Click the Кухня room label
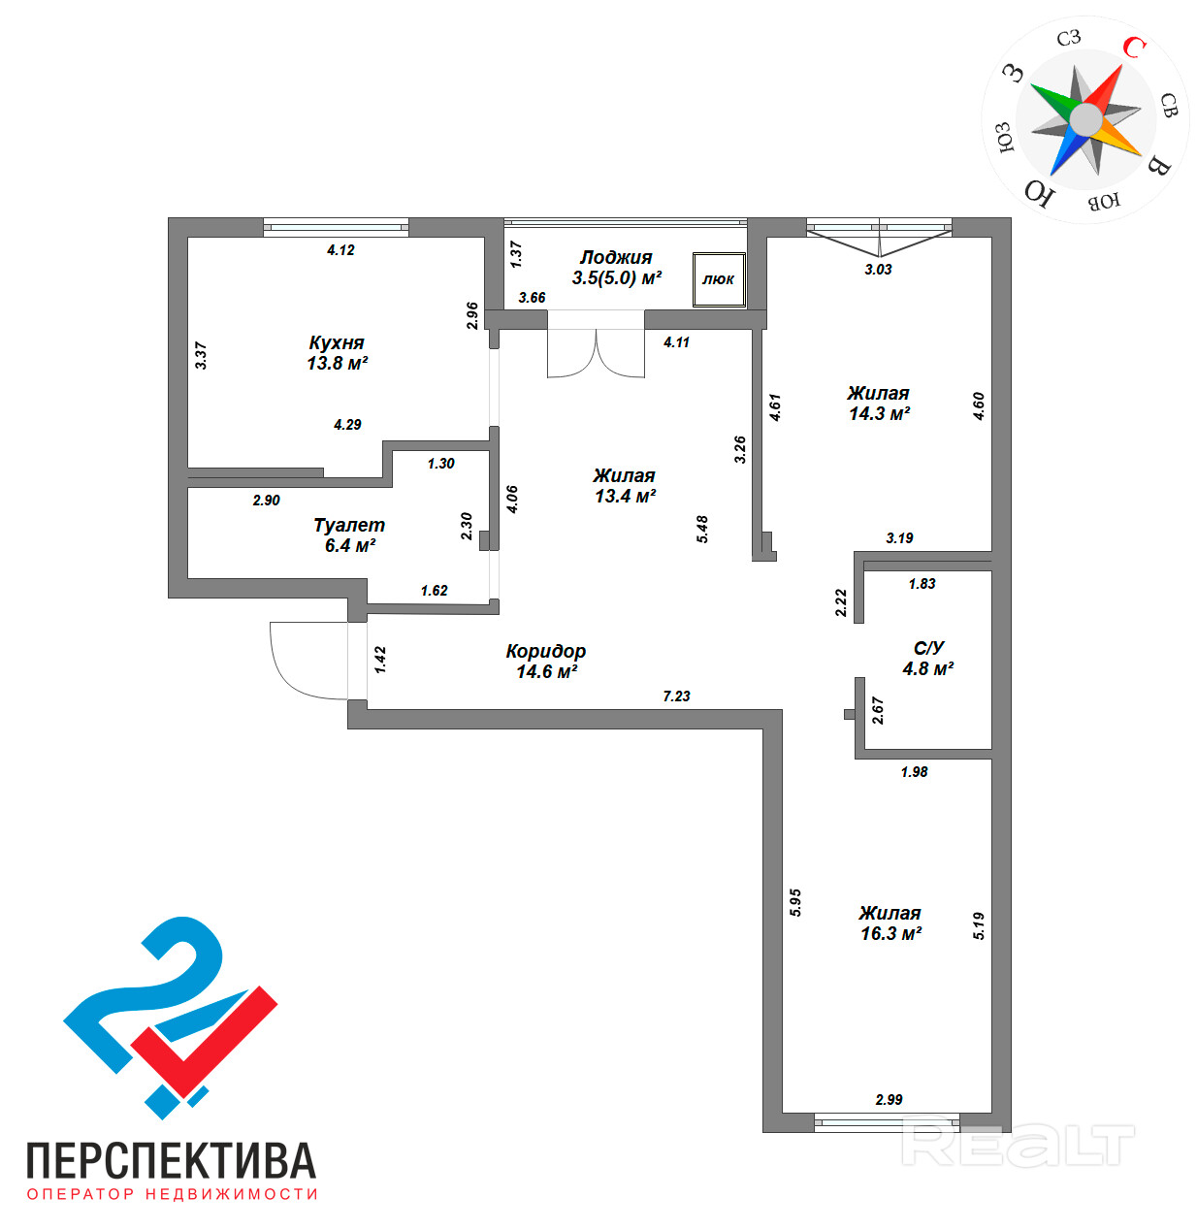(337, 343)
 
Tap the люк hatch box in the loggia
(719, 279)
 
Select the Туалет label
(349, 525)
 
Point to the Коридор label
(546, 651)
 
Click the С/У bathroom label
(928, 648)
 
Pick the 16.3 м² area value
(890, 933)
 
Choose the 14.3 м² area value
(879, 413)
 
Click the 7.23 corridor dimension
(676, 696)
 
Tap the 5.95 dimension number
(795, 902)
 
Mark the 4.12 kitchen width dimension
(340, 249)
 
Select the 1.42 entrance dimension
(381, 660)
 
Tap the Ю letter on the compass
(1040, 193)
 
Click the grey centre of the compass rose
(1085, 120)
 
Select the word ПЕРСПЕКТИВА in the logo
(171, 1160)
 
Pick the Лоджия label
(616, 257)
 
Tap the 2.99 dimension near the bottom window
(889, 1099)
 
